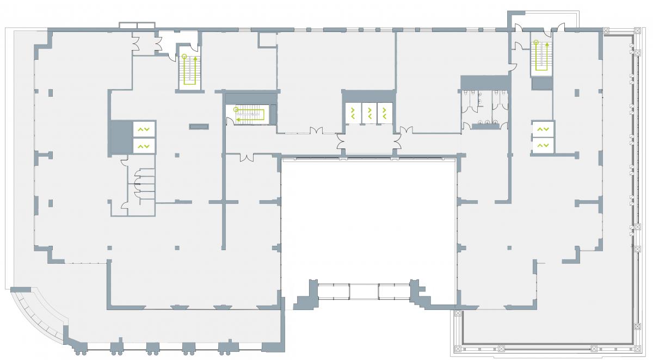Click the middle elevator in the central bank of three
click(369, 113)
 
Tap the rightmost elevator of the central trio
click(385, 113)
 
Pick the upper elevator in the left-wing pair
click(144, 129)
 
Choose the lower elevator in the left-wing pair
click(144, 146)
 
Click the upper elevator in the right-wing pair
click(543, 129)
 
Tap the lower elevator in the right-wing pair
click(543, 145)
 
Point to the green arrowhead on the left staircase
click(195, 57)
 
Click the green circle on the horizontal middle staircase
click(236, 110)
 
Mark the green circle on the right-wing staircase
click(535, 42)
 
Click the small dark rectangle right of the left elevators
click(199, 127)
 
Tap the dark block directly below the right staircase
click(541, 83)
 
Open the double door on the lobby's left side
click(341, 142)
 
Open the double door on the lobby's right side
click(398, 142)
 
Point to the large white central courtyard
click(368, 218)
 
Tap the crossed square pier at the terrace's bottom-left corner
click(457, 313)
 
